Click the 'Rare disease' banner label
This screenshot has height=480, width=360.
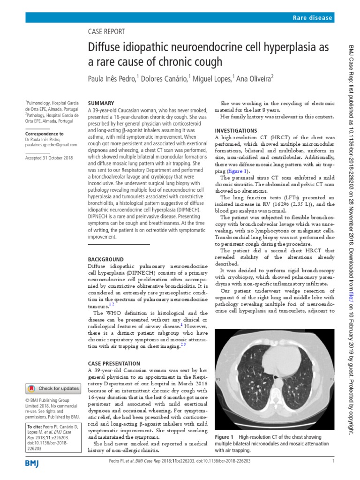(x=312, y=18)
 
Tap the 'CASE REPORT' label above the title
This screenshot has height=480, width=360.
(x=107, y=32)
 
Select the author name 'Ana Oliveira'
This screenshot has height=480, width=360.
(x=253, y=79)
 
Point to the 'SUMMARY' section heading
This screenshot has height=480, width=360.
(x=101, y=103)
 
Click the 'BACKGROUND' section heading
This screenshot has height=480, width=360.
(x=106, y=259)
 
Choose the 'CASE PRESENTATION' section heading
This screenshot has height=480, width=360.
(x=114, y=363)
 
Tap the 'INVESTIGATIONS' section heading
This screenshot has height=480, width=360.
(x=235, y=130)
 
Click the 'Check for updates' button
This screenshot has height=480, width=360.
(x=53, y=388)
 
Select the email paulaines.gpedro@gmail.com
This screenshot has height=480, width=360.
(x=51, y=145)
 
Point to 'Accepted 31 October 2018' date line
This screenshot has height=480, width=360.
(x=50, y=158)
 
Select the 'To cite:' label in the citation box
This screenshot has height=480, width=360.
(x=35, y=427)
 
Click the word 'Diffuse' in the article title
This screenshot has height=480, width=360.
(x=105, y=47)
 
